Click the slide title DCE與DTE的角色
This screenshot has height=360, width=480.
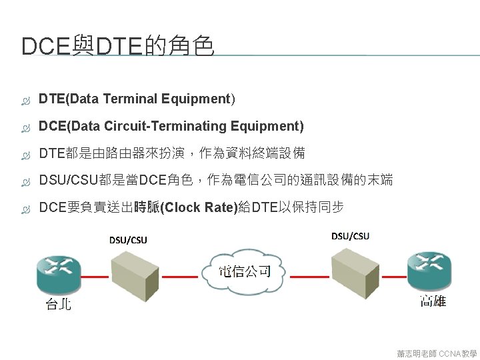point(117,47)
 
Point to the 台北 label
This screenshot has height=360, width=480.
point(58,305)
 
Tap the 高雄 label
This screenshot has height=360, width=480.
point(433,301)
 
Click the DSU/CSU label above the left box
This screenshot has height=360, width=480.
point(128,239)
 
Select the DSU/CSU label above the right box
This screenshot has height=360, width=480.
point(350,236)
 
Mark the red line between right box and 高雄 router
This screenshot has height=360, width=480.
point(392,274)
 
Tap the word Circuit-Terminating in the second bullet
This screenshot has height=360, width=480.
point(175,126)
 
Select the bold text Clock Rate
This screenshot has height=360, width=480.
point(199,207)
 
